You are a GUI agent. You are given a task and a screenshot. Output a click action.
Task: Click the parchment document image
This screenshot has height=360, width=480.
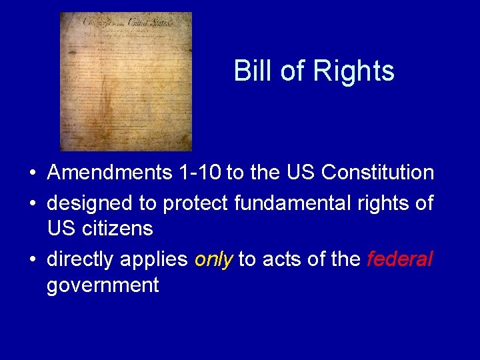[125, 81]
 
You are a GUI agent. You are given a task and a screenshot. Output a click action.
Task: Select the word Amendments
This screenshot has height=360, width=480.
[110, 173]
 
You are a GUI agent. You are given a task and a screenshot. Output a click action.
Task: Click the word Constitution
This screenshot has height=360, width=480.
[377, 173]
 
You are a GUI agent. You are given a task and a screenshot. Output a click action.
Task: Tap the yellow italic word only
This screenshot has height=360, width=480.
[213, 258]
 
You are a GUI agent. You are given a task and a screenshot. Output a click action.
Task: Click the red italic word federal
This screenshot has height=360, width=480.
[399, 258]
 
